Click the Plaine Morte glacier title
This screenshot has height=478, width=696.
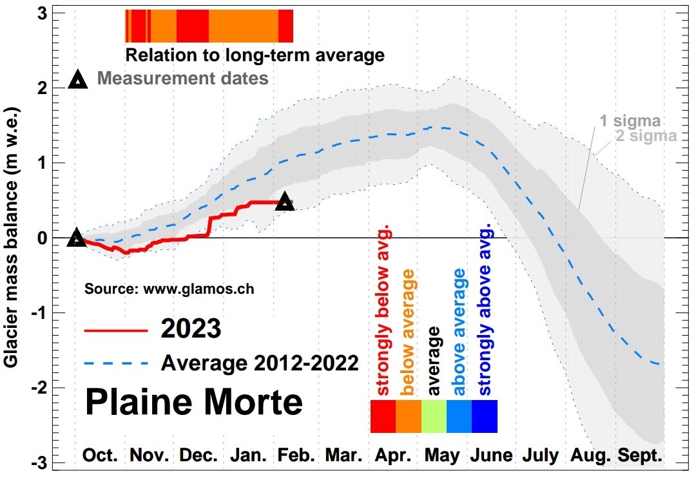click(193, 402)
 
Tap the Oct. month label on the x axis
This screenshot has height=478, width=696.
click(100, 456)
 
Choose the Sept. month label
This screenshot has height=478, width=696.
click(640, 456)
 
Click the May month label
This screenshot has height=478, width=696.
click(441, 456)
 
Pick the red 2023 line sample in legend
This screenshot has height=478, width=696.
click(116, 330)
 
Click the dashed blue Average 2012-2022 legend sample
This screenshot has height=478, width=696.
click(116, 364)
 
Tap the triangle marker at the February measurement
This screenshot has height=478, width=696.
click(285, 201)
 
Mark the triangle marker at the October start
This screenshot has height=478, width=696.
click(77, 238)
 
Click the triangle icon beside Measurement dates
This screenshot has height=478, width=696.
click(78, 80)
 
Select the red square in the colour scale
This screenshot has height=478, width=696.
click(383, 416)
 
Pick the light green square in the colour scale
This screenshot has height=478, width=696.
click(434, 416)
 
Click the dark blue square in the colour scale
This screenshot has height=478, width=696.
click(485, 416)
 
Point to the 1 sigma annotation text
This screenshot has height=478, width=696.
click(630, 121)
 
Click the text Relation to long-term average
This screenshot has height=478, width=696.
click(255, 55)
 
